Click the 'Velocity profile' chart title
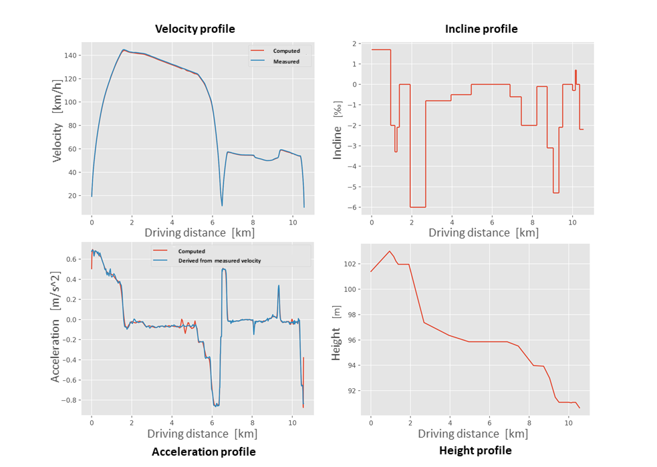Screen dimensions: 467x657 click(194, 29)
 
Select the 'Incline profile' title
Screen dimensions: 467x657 click(481, 29)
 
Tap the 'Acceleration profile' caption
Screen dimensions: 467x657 click(203, 452)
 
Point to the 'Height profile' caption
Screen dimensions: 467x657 click(475, 450)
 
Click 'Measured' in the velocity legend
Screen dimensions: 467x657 click(286, 61)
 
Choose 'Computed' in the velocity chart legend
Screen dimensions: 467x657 click(286, 51)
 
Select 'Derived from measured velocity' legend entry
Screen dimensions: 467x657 click(224, 261)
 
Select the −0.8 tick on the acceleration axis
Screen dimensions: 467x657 click(71, 400)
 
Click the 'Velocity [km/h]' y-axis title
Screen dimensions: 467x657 click(57, 123)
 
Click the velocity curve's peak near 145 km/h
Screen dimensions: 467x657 click(124, 49)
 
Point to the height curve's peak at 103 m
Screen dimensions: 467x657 click(390, 251)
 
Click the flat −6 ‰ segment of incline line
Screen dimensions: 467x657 click(418, 207)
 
